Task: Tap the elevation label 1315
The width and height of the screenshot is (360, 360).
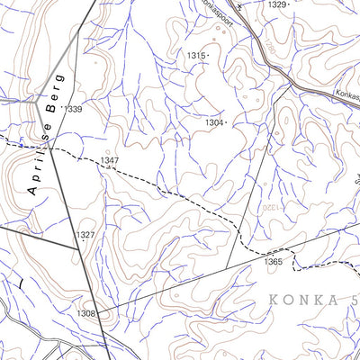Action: coord(195,56)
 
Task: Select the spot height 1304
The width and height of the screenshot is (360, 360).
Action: coord(213,121)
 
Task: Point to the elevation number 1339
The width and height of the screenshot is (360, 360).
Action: coord(73,109)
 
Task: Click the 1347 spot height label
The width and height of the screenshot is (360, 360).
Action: coord(110,161)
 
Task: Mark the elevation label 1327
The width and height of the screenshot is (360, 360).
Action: coord(85,235)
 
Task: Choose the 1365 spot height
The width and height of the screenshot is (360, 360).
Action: coord(274,262)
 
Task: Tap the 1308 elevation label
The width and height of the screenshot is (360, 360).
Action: coord(85,313)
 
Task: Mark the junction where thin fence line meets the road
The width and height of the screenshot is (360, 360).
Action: coord(291,87)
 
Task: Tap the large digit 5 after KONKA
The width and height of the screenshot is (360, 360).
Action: coord(354,299)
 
